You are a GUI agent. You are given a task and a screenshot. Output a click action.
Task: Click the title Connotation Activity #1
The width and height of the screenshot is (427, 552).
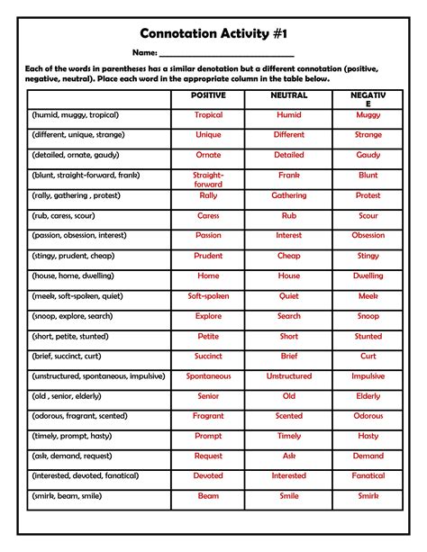click(x=213, y=33)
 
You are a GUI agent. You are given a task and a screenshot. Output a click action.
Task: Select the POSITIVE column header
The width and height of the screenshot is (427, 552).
click(x=208, y=95)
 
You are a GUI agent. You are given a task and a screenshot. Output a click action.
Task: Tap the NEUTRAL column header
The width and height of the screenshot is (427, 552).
click(x=288, y=95)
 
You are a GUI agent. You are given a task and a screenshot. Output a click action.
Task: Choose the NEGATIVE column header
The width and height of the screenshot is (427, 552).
click(x=368, y=99)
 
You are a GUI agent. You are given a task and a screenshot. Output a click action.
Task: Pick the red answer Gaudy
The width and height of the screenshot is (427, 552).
click(x=368, y=155)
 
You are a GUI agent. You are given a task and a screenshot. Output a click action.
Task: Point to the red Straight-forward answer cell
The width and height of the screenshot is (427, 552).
click(x=208, y=179)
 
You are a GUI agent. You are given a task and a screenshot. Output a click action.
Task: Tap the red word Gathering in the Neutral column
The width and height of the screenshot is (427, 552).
click(x=288, y=195)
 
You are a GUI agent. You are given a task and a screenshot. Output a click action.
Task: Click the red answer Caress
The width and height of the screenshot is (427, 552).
click(x=208, y=215)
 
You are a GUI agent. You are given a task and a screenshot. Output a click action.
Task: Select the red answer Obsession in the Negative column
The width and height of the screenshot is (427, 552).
click(x=368, y=235)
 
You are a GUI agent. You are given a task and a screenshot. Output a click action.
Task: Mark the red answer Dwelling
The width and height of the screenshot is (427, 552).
click(x=368, y=276)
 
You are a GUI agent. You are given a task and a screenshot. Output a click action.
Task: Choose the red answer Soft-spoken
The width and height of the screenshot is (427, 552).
click(x=208, y=295)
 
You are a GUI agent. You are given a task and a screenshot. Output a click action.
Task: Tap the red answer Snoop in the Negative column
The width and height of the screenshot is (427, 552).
click(x=368, y=316)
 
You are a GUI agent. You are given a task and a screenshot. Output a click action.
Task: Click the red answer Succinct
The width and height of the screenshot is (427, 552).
click(x=208, y=356)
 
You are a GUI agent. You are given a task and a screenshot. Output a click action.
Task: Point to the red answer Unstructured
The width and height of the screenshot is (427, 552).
click(x=288, y=376)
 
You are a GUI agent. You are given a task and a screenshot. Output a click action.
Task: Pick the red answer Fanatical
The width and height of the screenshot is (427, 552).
click(x=368, y=475)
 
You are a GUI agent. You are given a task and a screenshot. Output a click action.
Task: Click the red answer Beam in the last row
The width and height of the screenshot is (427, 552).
click(x=208, y=495)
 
